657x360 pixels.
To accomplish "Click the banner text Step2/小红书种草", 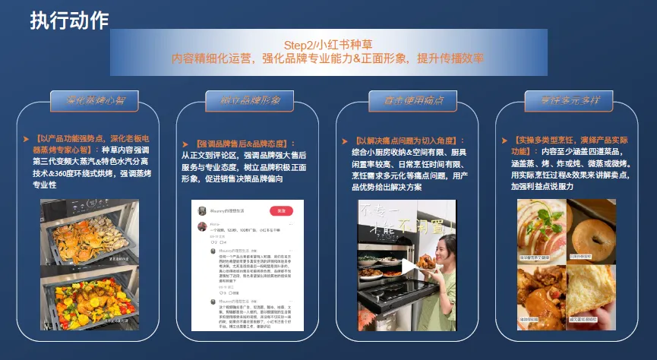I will pyautogui.click(x=327, y=45).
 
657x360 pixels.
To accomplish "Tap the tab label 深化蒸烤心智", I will pyautogui.click(x=87, y=99).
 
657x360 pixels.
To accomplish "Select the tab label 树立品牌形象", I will pyautogui.click(x=245, y=99).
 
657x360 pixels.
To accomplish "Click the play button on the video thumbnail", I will pyautogui.click(x=409, y=266).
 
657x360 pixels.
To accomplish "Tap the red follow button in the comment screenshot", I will pyautogui.click(x=281, y=210).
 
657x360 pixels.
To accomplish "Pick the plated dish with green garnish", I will pyautogui.click(x=539, y=228).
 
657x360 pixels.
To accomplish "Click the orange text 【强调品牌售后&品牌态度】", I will pyautogui.click(x=243, y=144).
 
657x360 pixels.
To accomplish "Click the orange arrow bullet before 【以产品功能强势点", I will pyautogui.click(x=28, y=138).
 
